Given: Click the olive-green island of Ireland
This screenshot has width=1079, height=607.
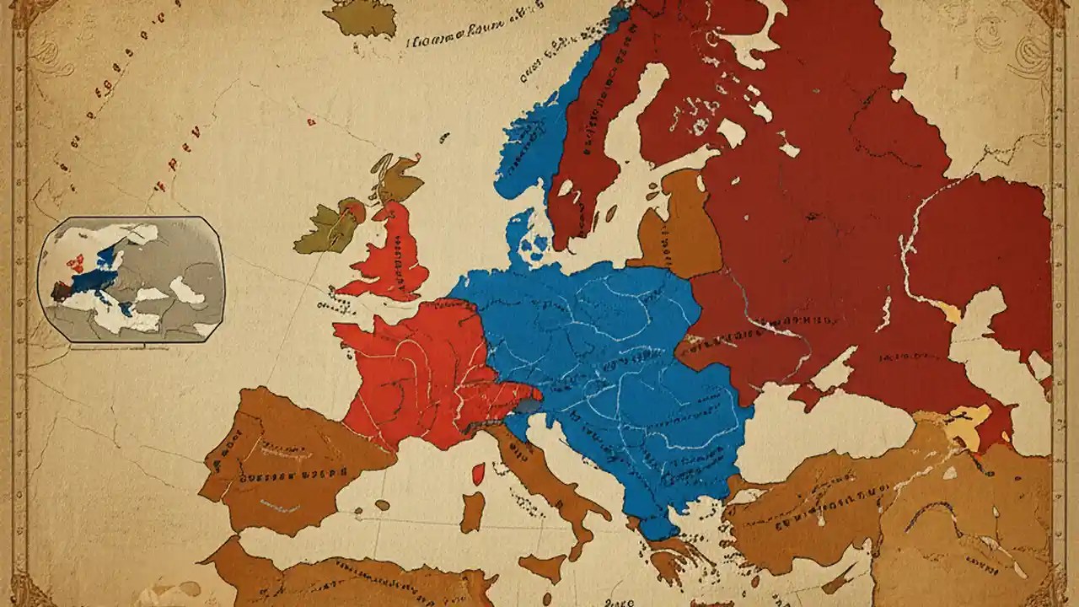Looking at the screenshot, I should (325, 228).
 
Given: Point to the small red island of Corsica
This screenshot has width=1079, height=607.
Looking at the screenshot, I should (478, 474).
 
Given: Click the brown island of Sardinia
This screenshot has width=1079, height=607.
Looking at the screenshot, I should (472, 512).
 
